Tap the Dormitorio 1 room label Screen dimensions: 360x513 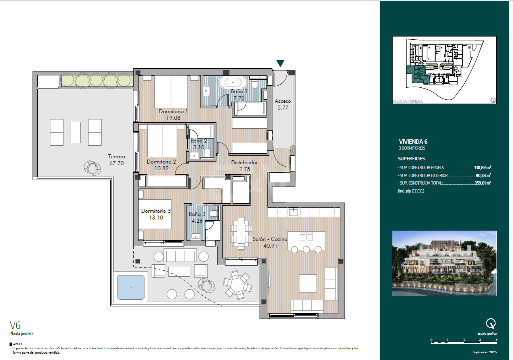tap(173, 111)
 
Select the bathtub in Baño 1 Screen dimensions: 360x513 tap(233, 82)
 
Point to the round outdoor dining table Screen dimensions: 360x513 tap(237, 284)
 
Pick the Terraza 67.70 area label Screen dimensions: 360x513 tap(116, 160)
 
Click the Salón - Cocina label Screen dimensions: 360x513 tap(270, 239)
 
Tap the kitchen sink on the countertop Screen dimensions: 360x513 tap(294, 212)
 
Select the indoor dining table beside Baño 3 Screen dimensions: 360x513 tap(241, 233)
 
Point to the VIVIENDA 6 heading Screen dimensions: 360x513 tap(413, 142)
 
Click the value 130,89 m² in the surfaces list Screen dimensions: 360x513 tap(482, 168)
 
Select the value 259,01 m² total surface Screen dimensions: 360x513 tap(483, 183)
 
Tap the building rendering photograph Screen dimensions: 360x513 tap(444, 263)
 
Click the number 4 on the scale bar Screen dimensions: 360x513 tap(496, 340)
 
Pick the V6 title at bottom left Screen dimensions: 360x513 tap(15, 325)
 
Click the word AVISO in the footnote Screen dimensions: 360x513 tap(18, 344)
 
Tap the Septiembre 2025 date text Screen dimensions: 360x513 tap(484, 352)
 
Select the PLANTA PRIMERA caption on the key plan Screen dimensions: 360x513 tap(408, 101)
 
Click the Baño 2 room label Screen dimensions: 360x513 tap(199, 141)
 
